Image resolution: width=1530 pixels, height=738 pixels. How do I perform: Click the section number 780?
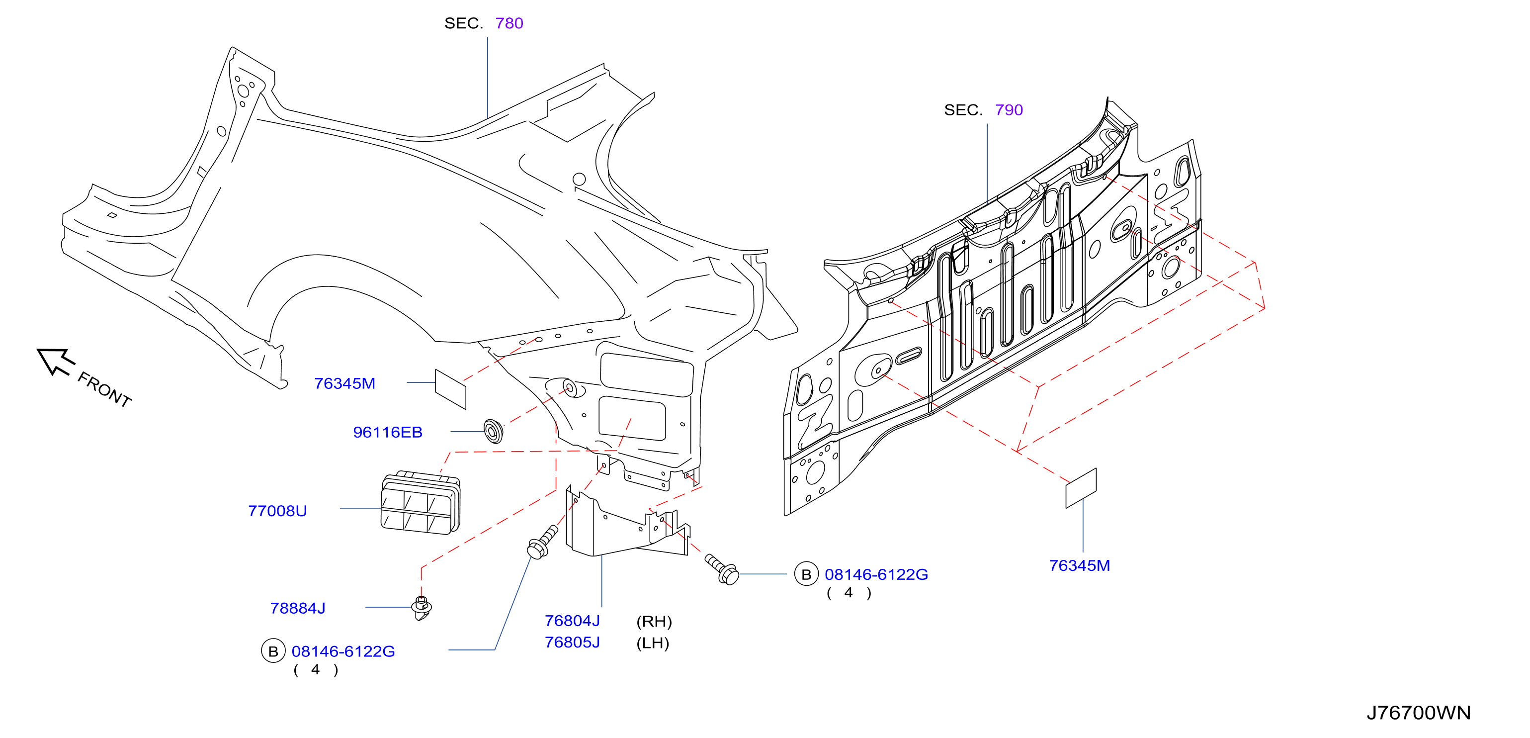click(509, 23)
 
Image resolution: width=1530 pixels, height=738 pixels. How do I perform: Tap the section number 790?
click(1009, 110)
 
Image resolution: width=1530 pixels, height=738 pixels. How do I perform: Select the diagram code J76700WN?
click(1418, 713)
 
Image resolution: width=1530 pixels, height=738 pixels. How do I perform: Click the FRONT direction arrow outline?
click(56, 361)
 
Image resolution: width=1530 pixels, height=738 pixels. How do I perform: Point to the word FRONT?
click(104, 390)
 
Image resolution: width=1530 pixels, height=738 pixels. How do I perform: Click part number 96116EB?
click(388, 432)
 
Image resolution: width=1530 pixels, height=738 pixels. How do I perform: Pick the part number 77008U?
click(277, 511)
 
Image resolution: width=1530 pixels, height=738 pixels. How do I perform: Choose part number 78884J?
click(298, 608)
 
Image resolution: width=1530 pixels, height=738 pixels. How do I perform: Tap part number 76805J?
click(572, 643)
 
